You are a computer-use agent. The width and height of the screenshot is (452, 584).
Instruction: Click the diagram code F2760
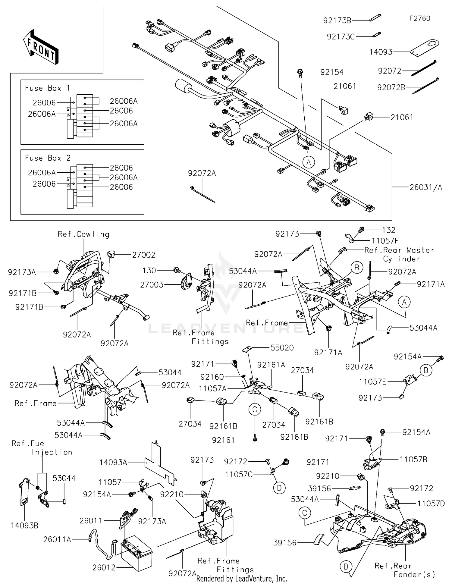pyautogui.click(x=419, y=18)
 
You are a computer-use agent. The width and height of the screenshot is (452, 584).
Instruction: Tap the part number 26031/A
pyautogui.click(x=426, y=187)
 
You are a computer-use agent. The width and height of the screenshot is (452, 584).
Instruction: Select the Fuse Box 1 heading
pyautogui.click(x=47, y=88)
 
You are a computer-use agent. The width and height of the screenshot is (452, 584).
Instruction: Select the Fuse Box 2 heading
pyautogui.click(x=47, y=158)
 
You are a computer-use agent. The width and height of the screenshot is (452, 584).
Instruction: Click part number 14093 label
pyautogui.click(x=381, y=52)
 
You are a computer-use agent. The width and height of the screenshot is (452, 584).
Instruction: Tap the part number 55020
pyautogui.click(x=282, y=348)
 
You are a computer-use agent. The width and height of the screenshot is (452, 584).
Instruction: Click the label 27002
pyautogui.click(x=143, y=255)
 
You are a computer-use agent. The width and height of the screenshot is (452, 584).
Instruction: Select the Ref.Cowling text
pyautogui.click(x=83, y=234)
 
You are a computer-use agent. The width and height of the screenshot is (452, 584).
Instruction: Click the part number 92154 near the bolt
pyautogui.click(x=332, y=72)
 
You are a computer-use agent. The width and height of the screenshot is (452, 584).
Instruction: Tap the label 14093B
pyautogui.click(x=24, y=526)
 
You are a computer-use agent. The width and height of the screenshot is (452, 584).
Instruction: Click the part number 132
pyautogui.click(x=388, y=230)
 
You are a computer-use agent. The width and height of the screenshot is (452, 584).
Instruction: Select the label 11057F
pyautogui.click(x=385, y=241)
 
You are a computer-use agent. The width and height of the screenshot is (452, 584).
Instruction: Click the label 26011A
pyautogui.click(x=57, y=539)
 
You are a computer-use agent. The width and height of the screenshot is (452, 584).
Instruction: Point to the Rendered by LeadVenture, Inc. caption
pyautogui.click(x=241, y=579)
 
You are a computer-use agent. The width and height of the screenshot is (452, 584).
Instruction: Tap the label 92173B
pyautogui.click(x=337, y=20)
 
